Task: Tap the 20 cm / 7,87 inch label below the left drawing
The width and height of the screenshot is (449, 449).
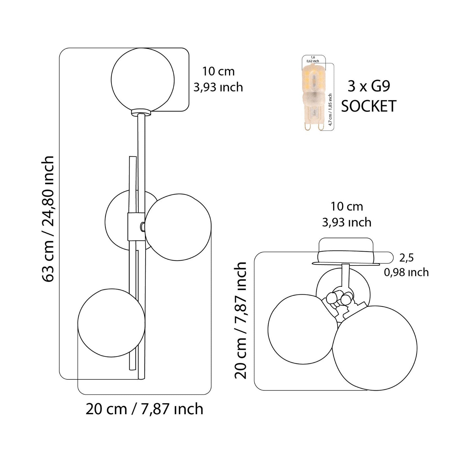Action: (x=144, y=409)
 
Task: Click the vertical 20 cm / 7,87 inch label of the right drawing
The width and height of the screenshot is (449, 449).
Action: (x=241, y=320)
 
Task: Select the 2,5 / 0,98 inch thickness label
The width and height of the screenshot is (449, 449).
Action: (x=406, y=265)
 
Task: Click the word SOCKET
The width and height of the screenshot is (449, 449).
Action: (x=369, y=106)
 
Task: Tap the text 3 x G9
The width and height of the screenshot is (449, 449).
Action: (x=369, y=86)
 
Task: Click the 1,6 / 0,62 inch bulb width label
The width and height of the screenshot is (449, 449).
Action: (x=313, y=59)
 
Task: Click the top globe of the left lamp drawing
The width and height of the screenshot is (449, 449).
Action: (x=143, y=79)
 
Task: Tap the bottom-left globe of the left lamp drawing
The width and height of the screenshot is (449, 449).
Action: (x=111, y=323)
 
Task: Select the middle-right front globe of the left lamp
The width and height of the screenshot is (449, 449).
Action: (x=178, y=227)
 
